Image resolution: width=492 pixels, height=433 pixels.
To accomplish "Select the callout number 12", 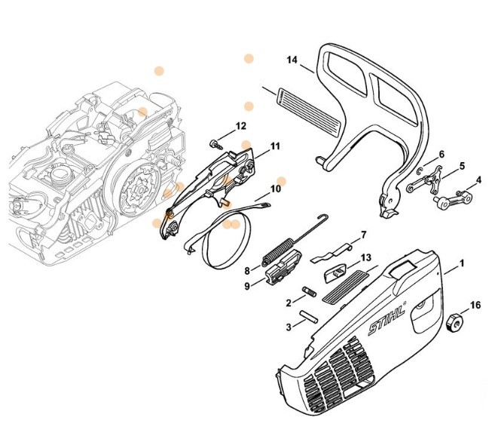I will coord(240,126).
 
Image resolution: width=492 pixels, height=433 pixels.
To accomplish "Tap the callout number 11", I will coord(274,146).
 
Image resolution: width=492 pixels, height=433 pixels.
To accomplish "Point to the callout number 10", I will coord(276,189).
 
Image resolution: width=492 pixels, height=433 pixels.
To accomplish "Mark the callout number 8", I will coord(246,269).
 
